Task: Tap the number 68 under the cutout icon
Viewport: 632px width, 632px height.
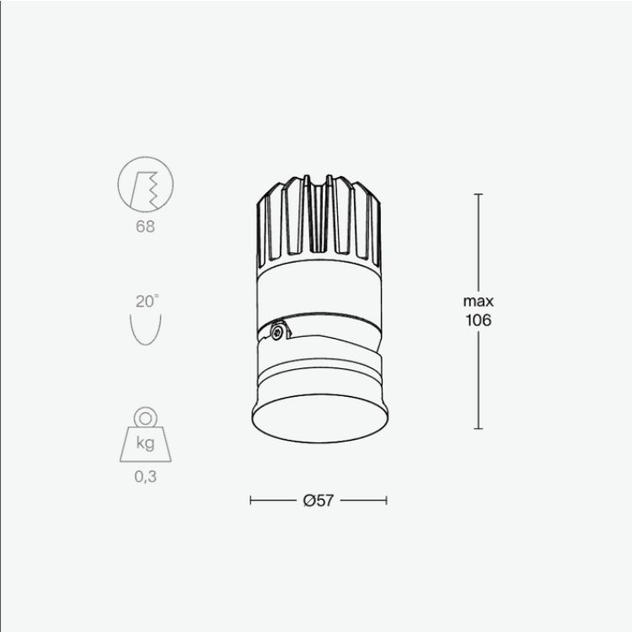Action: [145, 227]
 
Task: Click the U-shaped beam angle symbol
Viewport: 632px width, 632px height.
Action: [146, 329]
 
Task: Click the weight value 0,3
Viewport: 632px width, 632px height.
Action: [146, 475]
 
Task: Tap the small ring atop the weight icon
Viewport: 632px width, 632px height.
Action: [146, 416]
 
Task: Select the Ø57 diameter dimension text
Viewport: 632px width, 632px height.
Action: [319, 501]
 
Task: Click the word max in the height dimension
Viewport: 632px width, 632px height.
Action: [478, 301]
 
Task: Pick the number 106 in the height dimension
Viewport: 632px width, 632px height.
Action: [478, 320]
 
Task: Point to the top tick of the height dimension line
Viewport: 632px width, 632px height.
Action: [478, 195]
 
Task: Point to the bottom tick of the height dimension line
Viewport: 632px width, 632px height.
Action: [478, 428]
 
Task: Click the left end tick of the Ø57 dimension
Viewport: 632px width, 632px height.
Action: [251, 501]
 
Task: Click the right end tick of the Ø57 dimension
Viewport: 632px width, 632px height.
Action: [387, 501]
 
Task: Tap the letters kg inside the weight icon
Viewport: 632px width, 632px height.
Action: [145, 444]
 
